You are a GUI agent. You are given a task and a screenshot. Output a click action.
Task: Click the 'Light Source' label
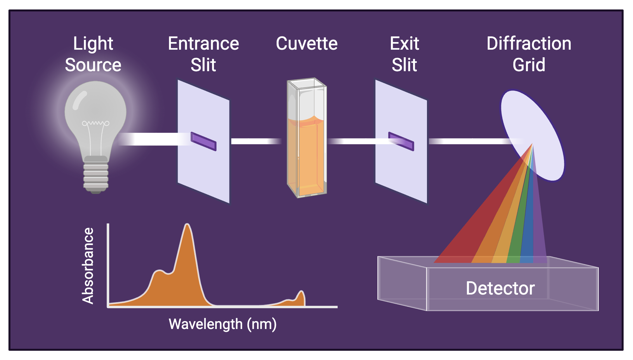pos(93,54)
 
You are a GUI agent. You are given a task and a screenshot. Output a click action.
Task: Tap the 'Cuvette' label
pos(307,44)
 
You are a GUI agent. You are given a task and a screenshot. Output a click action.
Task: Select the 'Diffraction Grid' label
pos(529,54)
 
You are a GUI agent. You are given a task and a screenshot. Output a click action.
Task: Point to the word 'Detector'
pos(500,288)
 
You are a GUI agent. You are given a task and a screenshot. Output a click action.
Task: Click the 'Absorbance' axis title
pos(88,266)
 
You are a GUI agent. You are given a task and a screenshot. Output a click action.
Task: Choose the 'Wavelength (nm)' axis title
pos(222,324)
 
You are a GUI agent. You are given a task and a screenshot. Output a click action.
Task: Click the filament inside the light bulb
pos(96,123)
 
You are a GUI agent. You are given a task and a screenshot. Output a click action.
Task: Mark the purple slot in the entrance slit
pos(204,141)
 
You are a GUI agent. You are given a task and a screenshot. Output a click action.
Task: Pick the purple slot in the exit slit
pos(401,141)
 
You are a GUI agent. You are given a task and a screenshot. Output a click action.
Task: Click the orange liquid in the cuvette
pos(306,155)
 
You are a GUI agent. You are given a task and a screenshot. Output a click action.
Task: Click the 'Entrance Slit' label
pos(203,54)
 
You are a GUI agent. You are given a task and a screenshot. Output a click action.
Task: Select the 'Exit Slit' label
pos(404,54)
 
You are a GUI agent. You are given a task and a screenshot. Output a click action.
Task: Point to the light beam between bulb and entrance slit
pos(152,139)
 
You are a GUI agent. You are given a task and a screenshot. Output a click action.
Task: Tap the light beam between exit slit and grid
pos(468,141)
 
